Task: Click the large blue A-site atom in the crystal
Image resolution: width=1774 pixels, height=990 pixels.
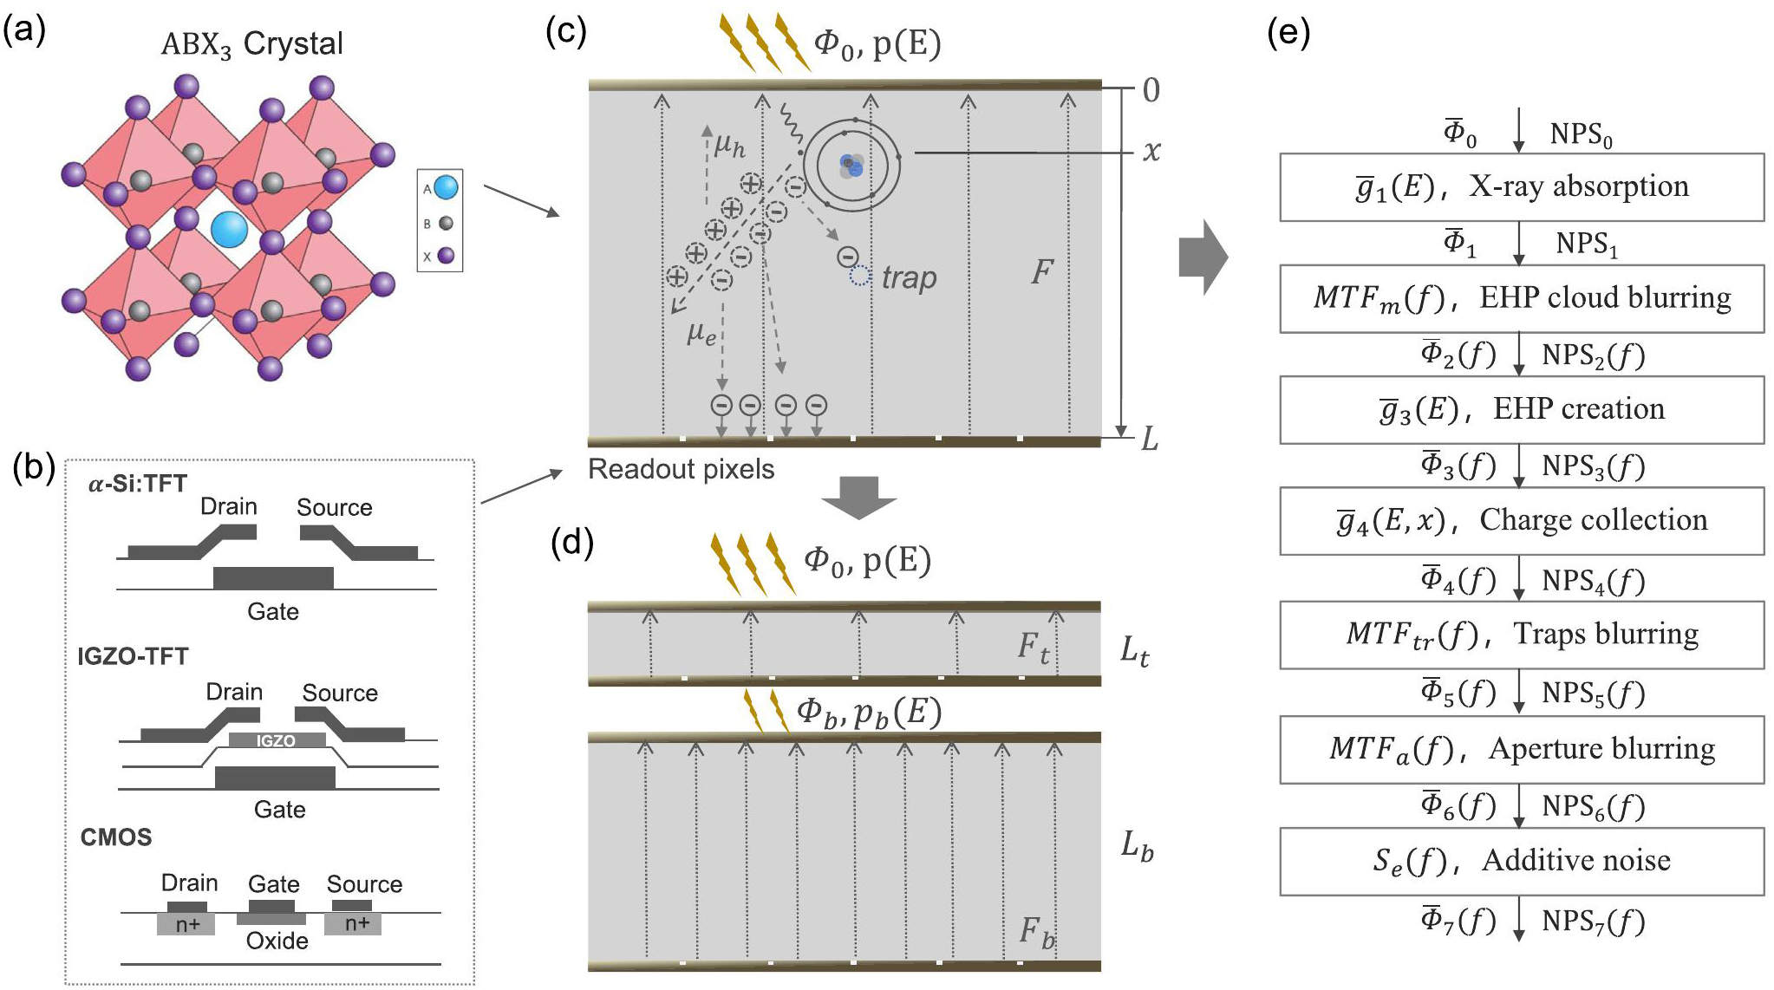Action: click(230, 230)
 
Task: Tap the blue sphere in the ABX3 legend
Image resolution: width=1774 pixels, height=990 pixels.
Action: click(446, 187)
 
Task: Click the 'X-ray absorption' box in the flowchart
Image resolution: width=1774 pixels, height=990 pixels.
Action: click(1522, 187)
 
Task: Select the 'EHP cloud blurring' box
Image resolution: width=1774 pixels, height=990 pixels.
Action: click(1522, 298)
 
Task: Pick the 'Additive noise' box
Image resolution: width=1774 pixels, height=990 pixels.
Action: click(1522, 861)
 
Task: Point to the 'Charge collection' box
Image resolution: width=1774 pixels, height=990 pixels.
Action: click(1522, 520)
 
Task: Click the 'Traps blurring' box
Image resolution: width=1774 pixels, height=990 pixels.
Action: click(1522, 635)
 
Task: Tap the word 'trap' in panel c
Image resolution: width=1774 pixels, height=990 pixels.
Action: click(909, 278)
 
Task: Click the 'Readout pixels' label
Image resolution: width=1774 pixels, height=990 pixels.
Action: click(681, 469)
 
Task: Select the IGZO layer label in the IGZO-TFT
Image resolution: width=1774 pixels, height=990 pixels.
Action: click(277, 740)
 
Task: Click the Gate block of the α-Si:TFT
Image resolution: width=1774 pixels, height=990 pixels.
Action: click(273, 577)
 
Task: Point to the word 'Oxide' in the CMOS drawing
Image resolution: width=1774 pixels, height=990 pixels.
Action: click(277, 941)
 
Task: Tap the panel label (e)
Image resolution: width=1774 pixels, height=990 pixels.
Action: click(1288, 33)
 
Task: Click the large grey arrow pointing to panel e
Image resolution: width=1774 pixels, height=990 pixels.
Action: click(1203, 257)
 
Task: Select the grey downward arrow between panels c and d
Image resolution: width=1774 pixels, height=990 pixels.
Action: click(858, 497)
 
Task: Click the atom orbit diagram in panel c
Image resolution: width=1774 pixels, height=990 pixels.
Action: click(851, 164)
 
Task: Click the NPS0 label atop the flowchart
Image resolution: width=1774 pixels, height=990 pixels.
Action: click(1580, 134)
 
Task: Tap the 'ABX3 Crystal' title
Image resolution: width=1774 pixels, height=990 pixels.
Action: click(251, 43)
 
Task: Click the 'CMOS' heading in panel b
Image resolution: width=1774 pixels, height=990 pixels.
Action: click(116, 837)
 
